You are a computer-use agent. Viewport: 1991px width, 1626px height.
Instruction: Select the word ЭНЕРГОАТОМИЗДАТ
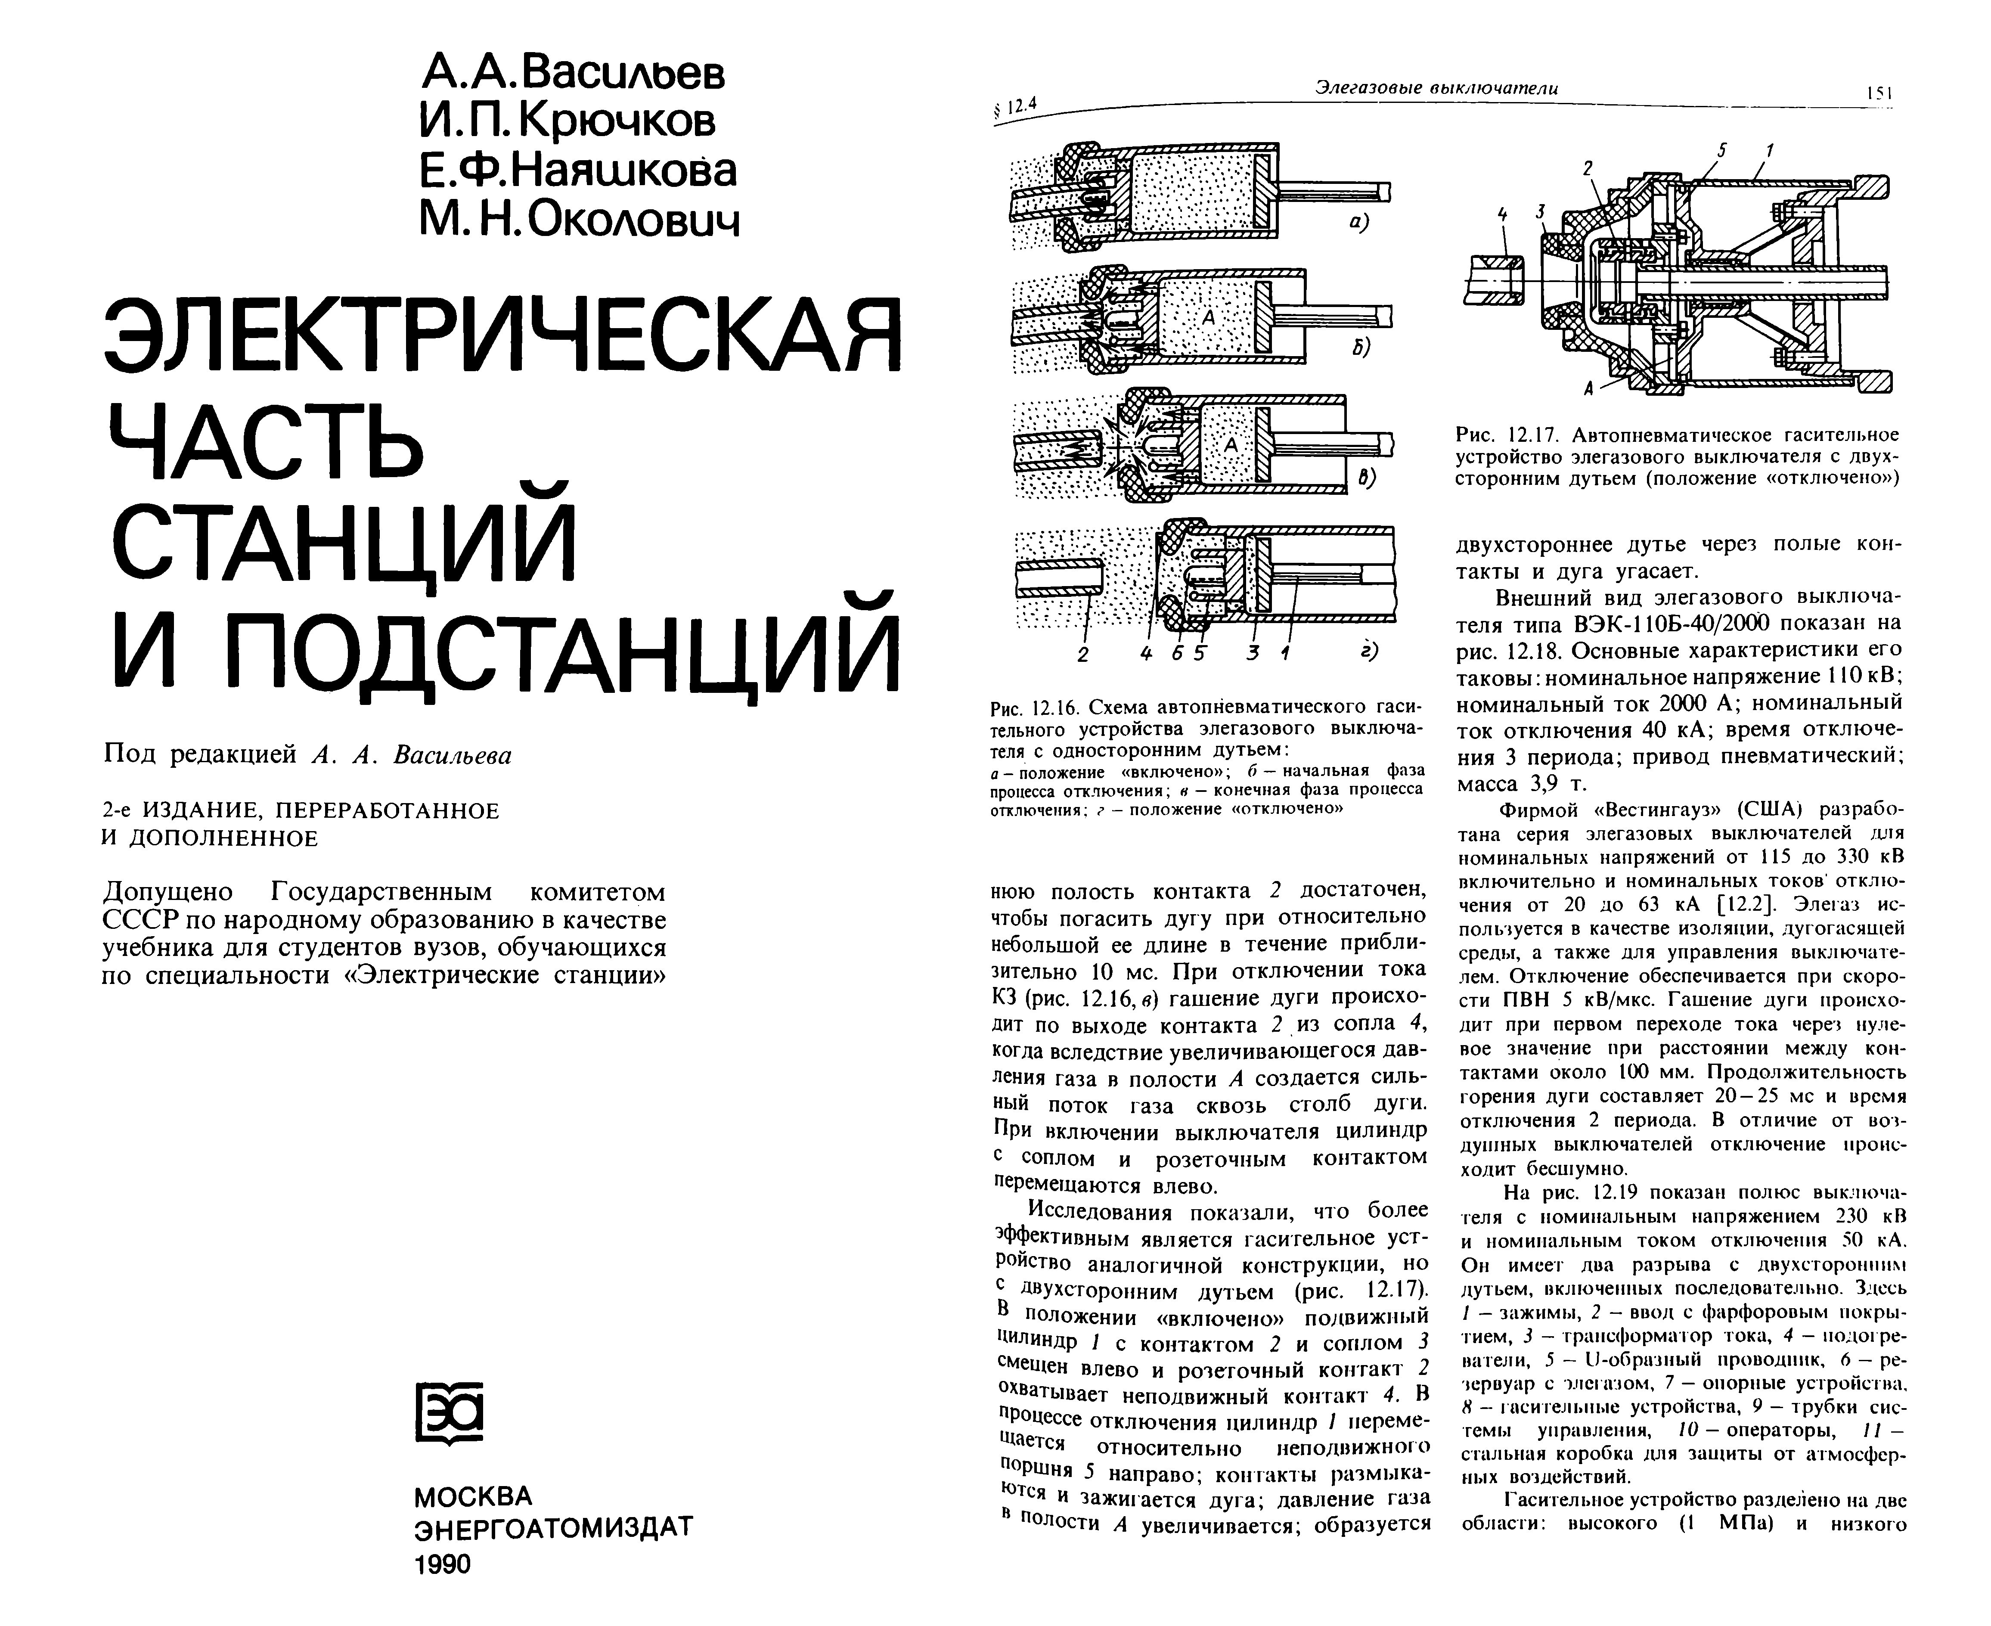pos(552,1529)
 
